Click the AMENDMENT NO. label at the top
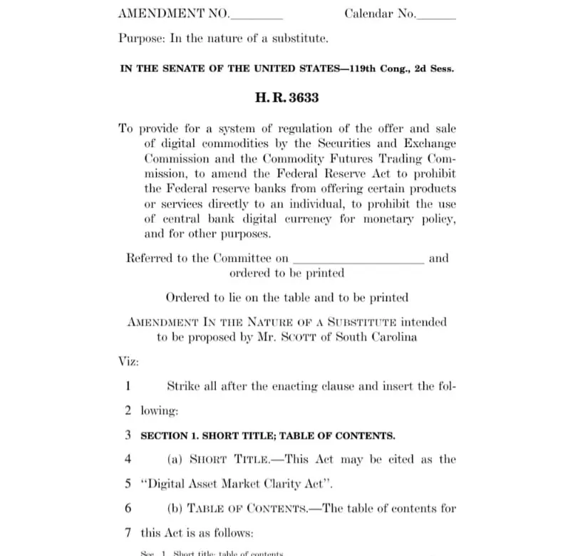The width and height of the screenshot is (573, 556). point(174,14)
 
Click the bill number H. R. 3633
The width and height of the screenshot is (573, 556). point(286,98)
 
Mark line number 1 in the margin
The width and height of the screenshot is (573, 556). point(128,386)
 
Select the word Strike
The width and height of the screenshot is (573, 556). point(183,386)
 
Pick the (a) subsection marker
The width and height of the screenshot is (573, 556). point(175,459)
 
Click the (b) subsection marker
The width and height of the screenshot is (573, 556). point(175,508)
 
